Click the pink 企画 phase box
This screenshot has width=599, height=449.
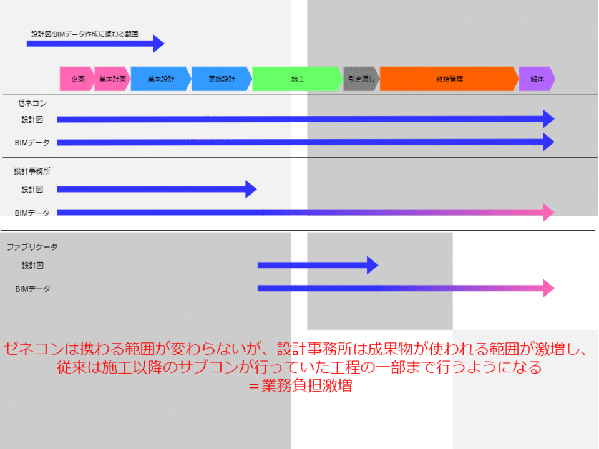click(x=77, y=79)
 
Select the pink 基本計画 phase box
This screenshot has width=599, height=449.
click(x=112, y=79)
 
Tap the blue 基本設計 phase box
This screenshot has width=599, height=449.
click(x=160, y=79)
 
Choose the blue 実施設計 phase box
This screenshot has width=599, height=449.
click(x=222, y=79)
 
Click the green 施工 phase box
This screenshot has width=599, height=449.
click(x=298, y=79)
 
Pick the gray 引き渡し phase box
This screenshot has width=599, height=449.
click(x=361, y=79)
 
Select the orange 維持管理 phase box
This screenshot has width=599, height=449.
click(x=449, y=79)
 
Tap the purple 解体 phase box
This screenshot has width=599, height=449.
click(x=537, y=79)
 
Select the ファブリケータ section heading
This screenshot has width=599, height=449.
click(x=32, y=248)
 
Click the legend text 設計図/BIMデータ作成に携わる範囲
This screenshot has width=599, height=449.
click(x=84, y=34)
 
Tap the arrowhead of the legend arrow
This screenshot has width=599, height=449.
click(x=158, y=44)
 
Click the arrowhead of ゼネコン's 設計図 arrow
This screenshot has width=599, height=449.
click(x=548, y=119)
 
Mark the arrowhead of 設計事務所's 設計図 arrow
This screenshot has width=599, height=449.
click(x=251, y=189)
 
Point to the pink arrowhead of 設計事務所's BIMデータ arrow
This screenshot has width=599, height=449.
click(x=548, y=213)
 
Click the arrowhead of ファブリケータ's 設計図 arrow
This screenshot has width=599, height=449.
click(x=373, y=265)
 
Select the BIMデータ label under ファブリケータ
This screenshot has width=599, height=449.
click(x=32, y=289)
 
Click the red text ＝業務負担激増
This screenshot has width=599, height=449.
click(x=299, y=385)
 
